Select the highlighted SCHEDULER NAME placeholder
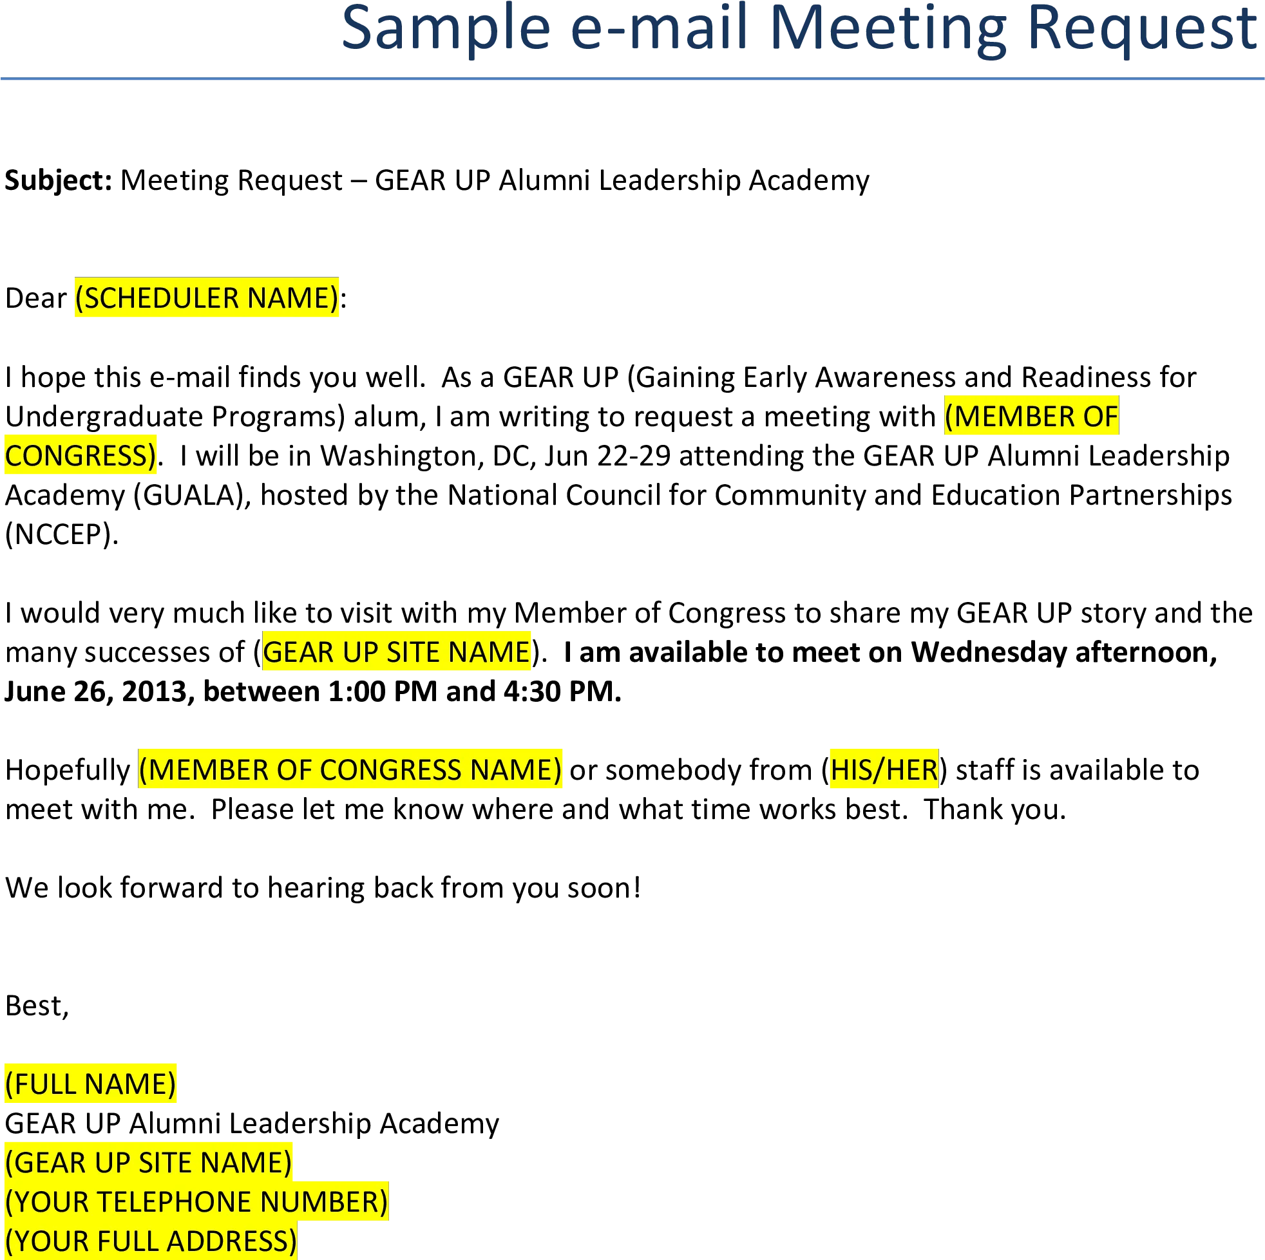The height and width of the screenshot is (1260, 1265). pos(206,298)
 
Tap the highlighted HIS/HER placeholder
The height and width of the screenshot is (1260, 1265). pos(884,770)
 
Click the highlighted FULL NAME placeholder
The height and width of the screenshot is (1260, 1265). pos(90,1084)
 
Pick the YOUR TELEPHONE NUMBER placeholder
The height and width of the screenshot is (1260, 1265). pos(196,1202)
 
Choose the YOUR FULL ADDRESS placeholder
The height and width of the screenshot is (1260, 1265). pos(151,1241)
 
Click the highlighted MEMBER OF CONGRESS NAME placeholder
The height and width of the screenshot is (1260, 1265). pos(350,770)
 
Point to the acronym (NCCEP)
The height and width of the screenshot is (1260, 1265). pos(62,535)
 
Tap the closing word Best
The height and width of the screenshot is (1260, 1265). pos(37,1006)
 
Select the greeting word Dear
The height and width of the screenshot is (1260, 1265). pos(35,299)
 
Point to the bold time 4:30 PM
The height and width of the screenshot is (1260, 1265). pos(562,692)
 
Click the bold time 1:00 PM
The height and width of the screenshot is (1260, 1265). pos(383,692)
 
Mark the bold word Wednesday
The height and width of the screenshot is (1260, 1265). pos(989,653)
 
